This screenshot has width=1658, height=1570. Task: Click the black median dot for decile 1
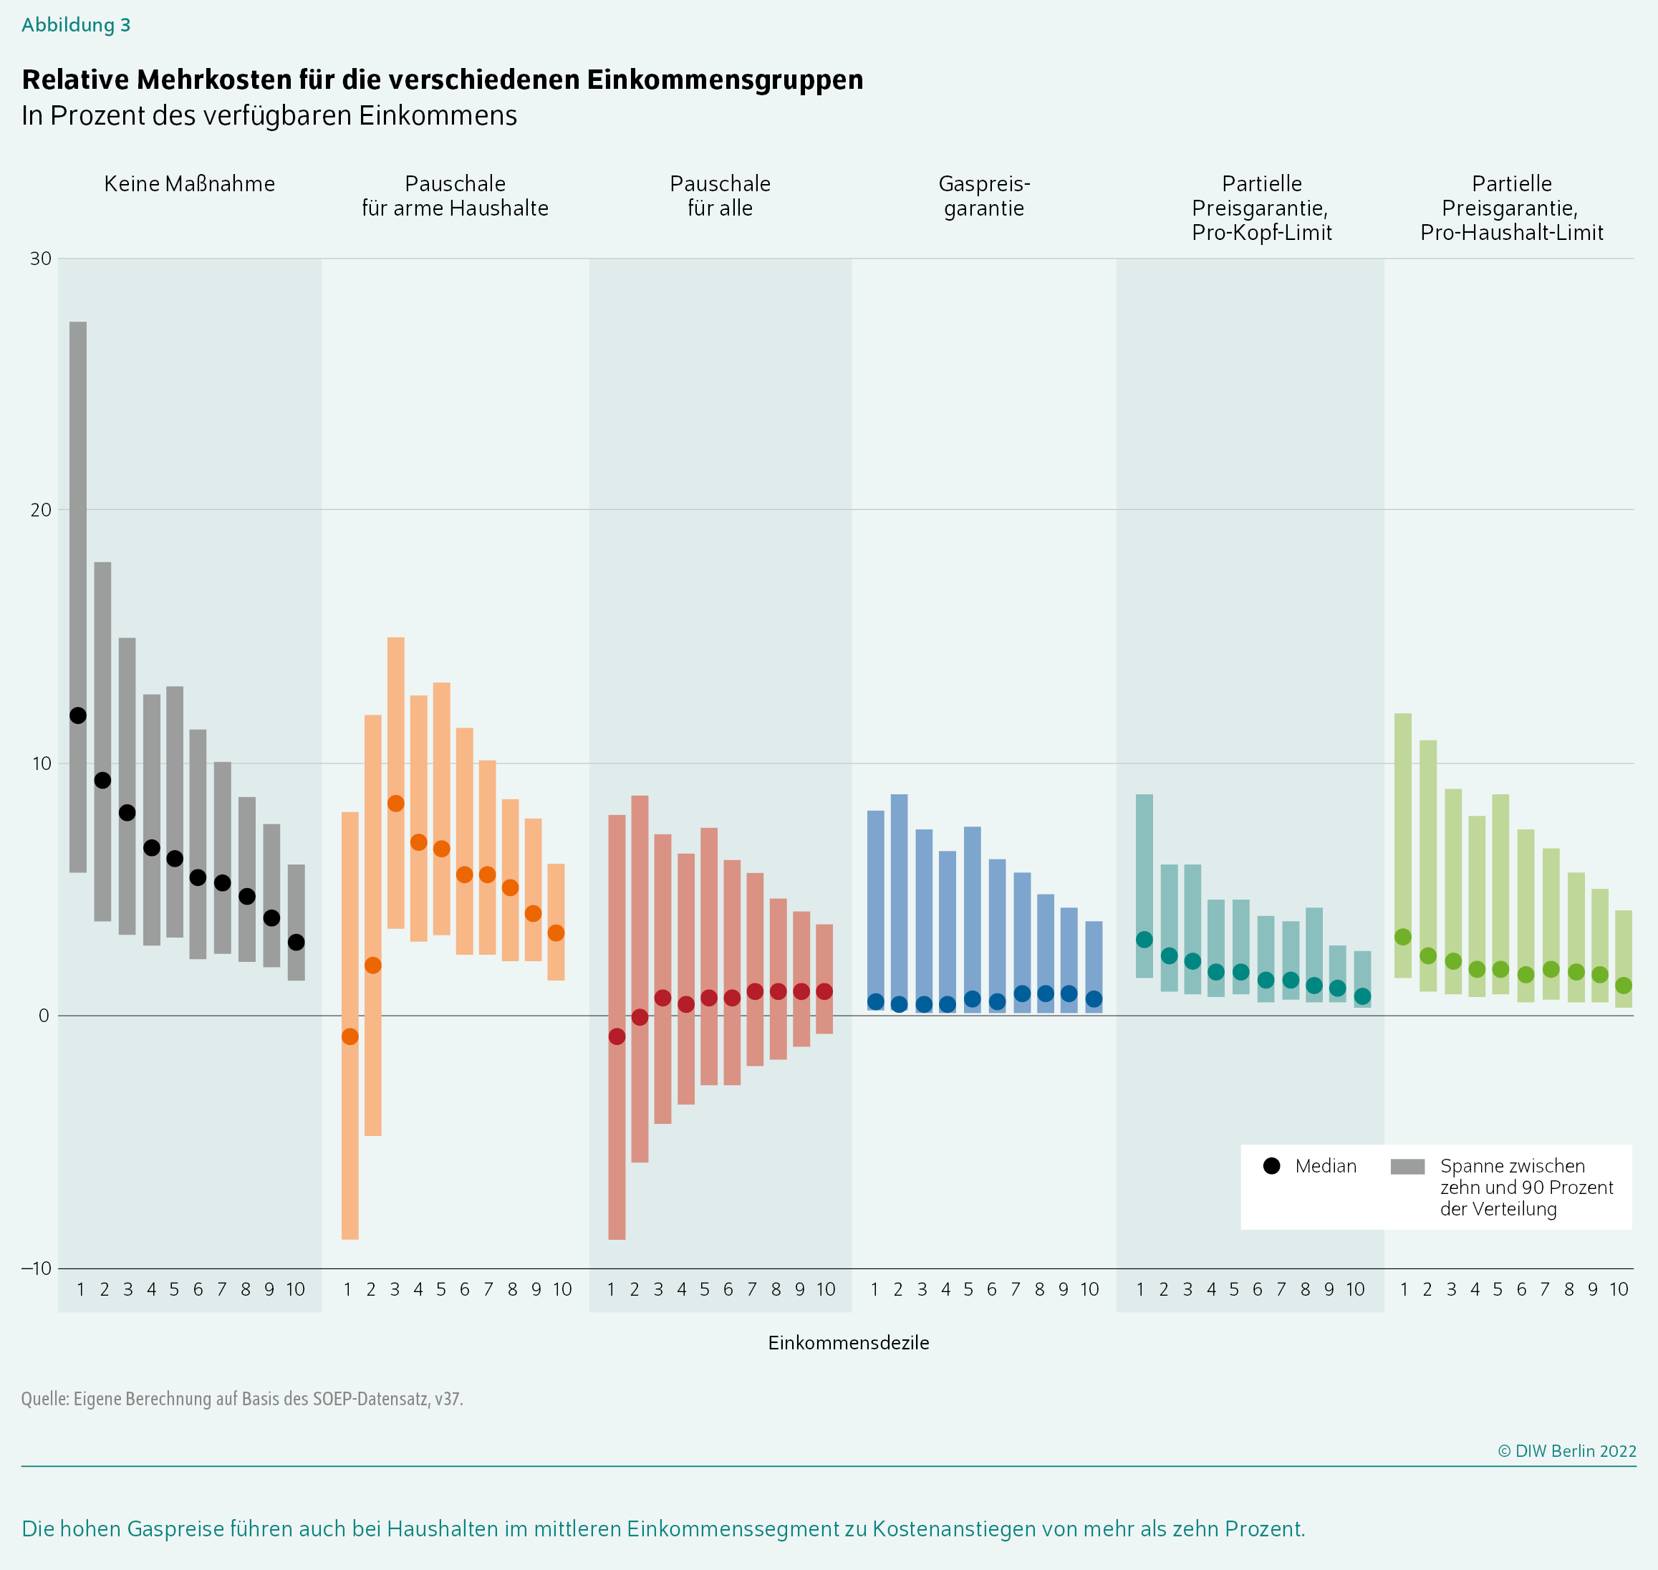(x=78, y=716)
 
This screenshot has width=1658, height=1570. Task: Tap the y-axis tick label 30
(x=41, y=259)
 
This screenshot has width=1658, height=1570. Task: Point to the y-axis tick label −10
(x=37, y=1268)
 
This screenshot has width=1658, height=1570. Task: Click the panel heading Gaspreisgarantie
(x=983, y=196)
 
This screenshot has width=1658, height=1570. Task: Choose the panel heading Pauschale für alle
(x=720, y=196)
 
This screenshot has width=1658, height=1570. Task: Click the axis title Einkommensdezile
(x=848, y=1342)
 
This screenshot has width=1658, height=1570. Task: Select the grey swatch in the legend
(x=1407, y=1167)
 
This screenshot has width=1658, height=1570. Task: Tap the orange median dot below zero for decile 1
(x=350, y=1037)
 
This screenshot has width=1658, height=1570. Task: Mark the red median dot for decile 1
(x=617, y=1037)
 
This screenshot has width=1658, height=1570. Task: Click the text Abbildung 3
(x=76, y=25)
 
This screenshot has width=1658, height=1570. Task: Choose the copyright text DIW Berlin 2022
(x=1567, y=1451)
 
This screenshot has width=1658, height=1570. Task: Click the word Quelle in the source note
(x=44, y=1398)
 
